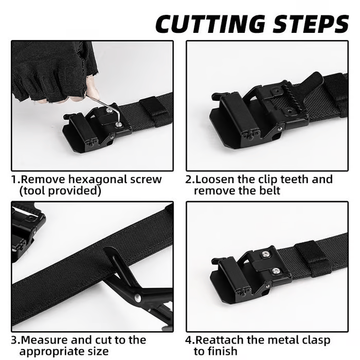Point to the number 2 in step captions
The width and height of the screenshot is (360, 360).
[189, 180]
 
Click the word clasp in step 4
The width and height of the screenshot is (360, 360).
[313, 340]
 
